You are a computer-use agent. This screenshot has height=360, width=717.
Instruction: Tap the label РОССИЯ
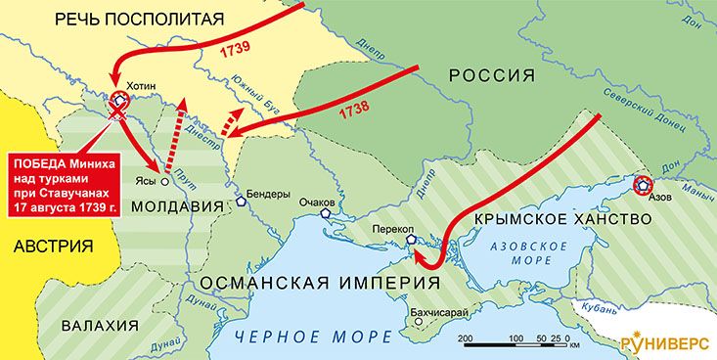click(492, 77)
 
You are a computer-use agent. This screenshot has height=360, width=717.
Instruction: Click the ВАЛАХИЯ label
click(98, 325)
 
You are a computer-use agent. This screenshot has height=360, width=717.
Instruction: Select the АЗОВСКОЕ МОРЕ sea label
click(523, 253)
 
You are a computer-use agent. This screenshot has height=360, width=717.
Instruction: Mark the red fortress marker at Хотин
click(119, 99)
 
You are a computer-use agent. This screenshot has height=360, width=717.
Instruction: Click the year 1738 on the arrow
click(354, 111)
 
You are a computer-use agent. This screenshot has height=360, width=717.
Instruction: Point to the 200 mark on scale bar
click(466, 337)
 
